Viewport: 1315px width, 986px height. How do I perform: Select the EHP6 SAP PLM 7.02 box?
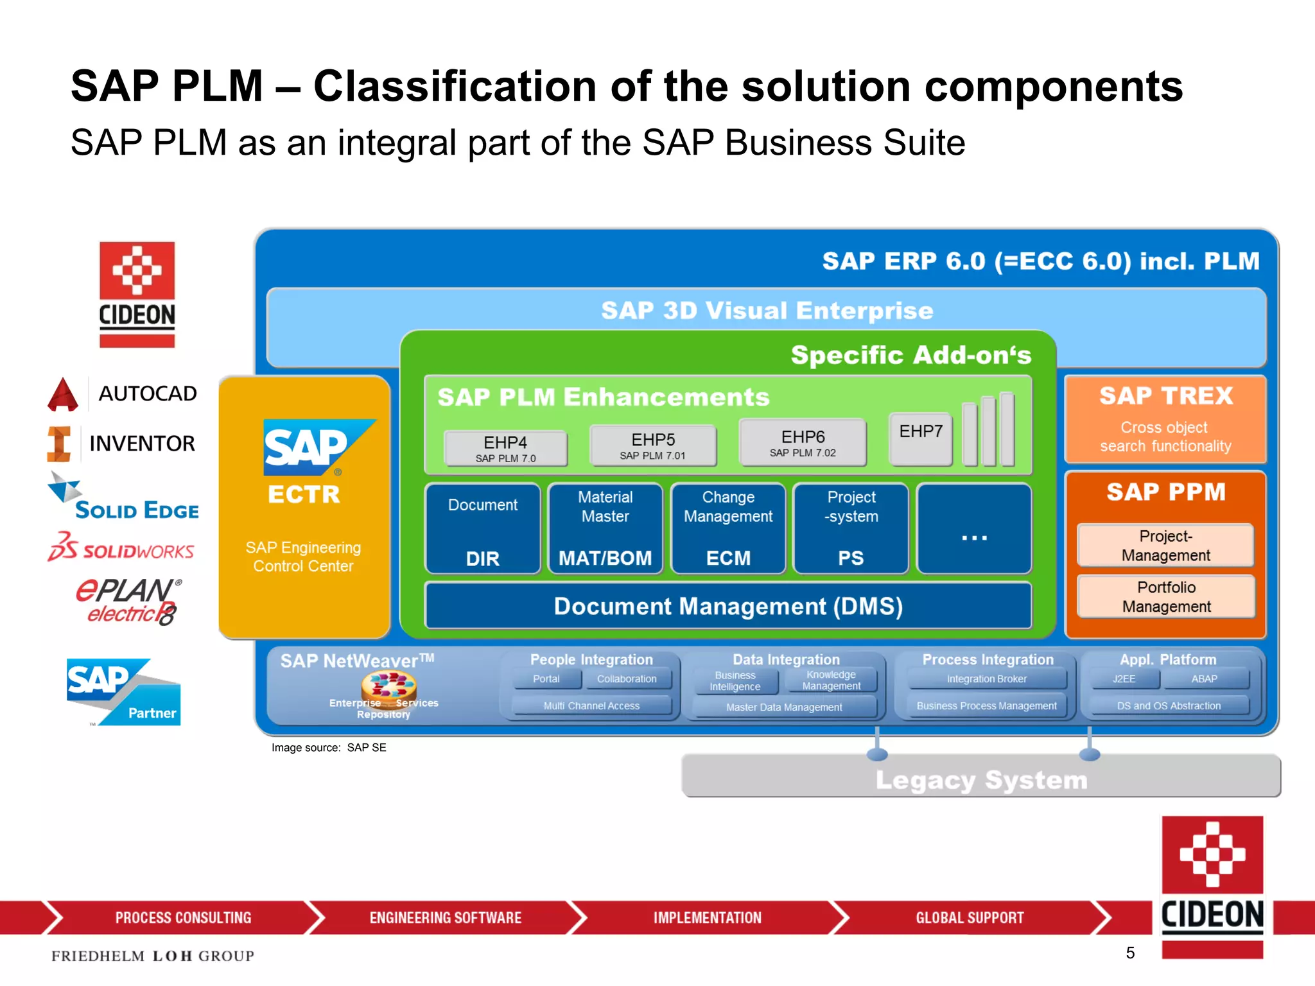pyautogui.click(x=803, y=443)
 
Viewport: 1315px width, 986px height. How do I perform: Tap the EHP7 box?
pyautogui.click(x=920, y=438)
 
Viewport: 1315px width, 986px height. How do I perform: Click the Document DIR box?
pyautogui.click(x=483, y=529)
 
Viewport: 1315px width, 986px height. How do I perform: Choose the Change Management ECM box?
pyautogui.click(x=728, y=529)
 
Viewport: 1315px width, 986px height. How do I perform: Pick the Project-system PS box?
pyautogui.click(x=851, y=529)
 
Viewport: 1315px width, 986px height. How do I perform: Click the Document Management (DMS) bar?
pyautogui.click(x=728, y=606)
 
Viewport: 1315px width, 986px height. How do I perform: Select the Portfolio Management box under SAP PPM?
pyautogui.click(x=1166, y=596)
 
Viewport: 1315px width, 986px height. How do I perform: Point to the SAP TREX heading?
pyautogui.click(x=1166, y=396)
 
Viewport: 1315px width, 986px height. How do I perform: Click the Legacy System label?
pyautogui.click(x=981, y=780)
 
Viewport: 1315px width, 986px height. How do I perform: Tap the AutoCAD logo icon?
pyautogui.click(x=63, y=394)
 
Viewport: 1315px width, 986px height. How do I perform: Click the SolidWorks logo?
pyautogui.click(x=121, y=548)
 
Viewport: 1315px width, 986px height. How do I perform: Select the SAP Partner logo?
pyautogui.click(x=123, y=692)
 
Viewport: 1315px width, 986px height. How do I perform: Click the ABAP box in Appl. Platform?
pyautogui.click(x=1204, y=679)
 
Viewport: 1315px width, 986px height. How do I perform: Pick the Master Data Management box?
pyautogui.click(x=784, y=707)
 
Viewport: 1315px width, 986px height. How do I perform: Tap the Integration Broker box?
pyautogui.click(x=987, y=679)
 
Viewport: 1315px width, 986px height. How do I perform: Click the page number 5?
pyautogui.click(x=1130, y=953)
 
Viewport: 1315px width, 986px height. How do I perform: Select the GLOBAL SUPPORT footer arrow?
pyautogui.click(x=970, y=918)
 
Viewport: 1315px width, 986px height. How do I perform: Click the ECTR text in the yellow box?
pyautogui.click(x=304, y=494)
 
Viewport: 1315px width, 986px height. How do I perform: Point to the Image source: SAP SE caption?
pyautogui.click(x=329, y=748)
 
